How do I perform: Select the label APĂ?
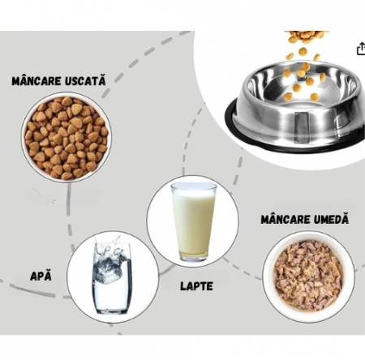point(41,275)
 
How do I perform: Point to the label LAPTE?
point(198,286)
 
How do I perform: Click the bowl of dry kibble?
point(65,138)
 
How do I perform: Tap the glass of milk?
point(194,220)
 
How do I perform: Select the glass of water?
point(111,276)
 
